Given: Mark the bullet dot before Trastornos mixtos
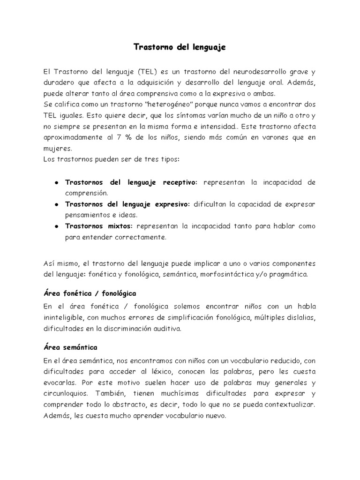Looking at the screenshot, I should tap(56, 227).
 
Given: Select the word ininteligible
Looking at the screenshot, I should tap(64, 318).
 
